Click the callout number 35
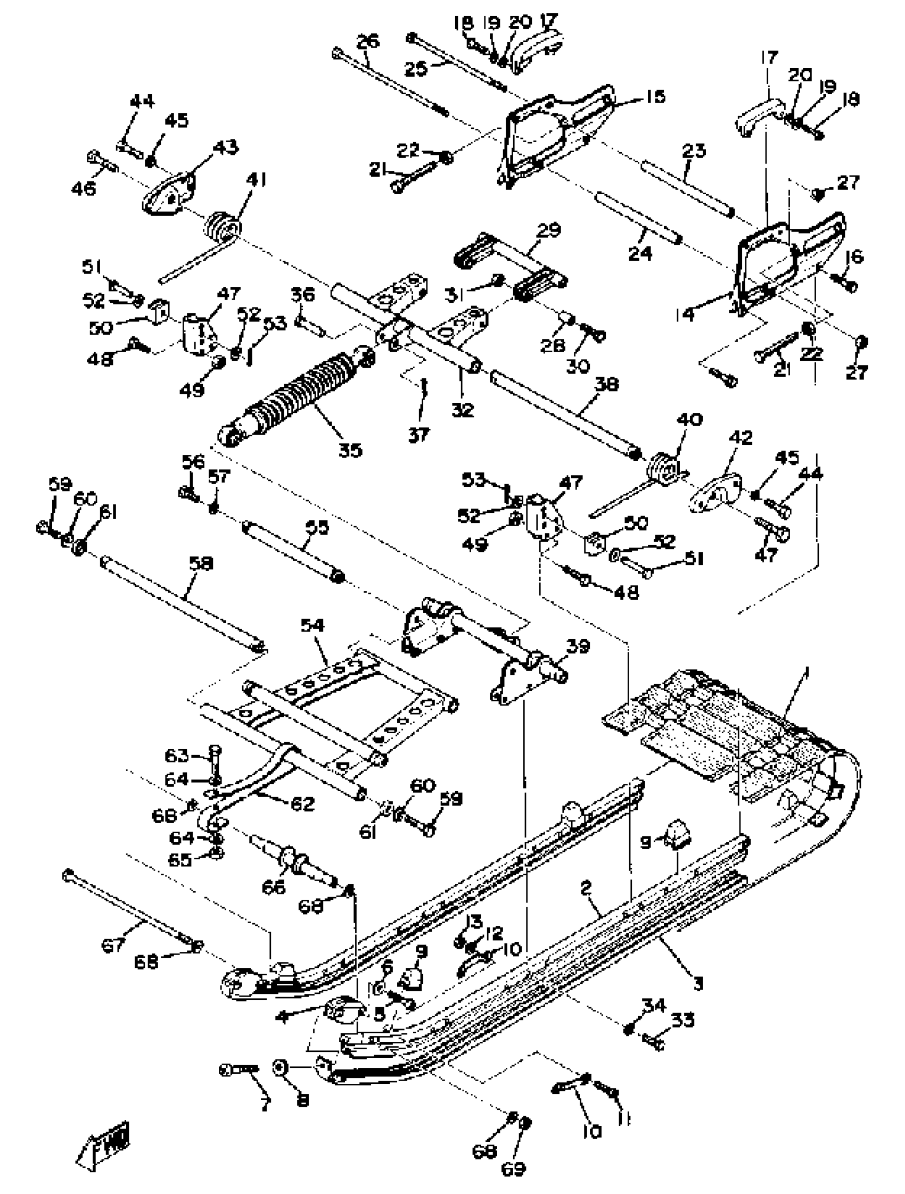(350, 450)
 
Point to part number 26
(368, 42)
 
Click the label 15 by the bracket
(655, 97)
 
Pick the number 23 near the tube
(694, 151)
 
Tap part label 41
(257, 180)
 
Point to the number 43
(227, 147)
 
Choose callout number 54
(312, 625)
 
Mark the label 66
(273, 887)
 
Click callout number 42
(741, 437)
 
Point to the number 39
(578, 646)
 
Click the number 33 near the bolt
(682, 1020)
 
